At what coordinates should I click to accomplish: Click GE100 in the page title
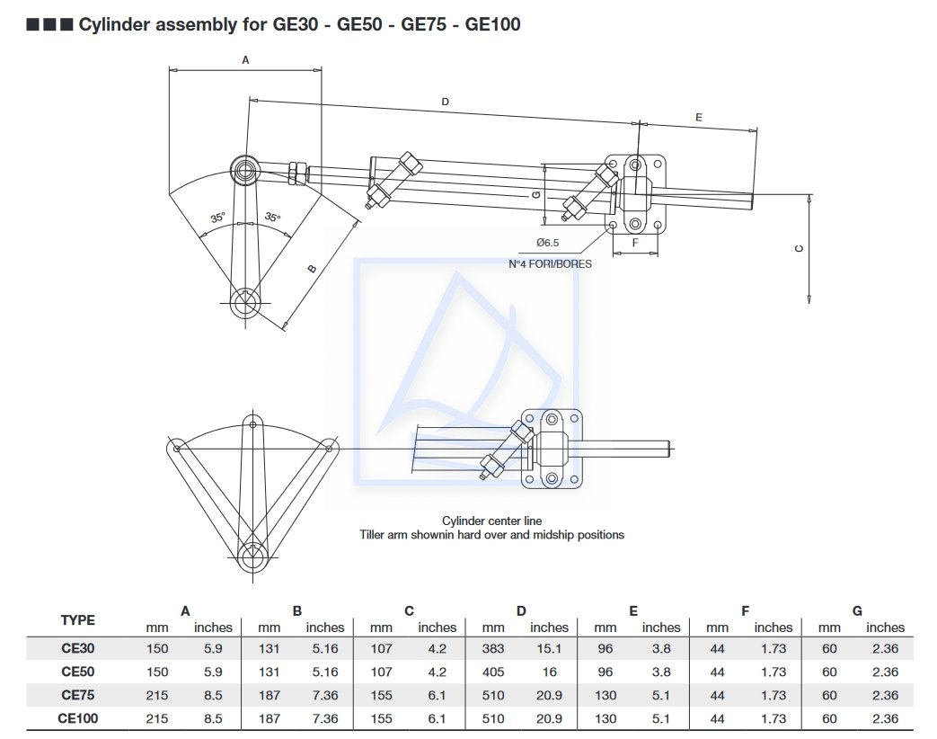493,24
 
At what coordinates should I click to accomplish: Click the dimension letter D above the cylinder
445,102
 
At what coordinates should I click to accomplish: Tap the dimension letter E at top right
698,118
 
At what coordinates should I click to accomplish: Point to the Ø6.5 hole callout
547,243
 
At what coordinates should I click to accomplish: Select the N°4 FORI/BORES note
550,264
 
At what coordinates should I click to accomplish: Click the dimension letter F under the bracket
635,243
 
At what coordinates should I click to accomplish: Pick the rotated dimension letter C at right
800,249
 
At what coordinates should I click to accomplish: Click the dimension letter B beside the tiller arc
312,268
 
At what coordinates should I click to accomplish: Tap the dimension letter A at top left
245,59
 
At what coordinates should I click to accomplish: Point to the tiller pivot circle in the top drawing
244,304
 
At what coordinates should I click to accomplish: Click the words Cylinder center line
491,521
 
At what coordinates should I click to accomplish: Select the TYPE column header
77,619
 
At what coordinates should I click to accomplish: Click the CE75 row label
79,695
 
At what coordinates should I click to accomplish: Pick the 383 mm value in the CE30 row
493,648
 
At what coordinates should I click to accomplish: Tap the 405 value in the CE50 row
493,672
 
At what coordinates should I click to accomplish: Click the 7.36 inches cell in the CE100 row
324,718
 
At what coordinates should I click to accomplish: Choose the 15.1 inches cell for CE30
549,648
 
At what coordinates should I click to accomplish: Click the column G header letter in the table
857,611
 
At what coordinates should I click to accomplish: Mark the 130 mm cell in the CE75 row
605,695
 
